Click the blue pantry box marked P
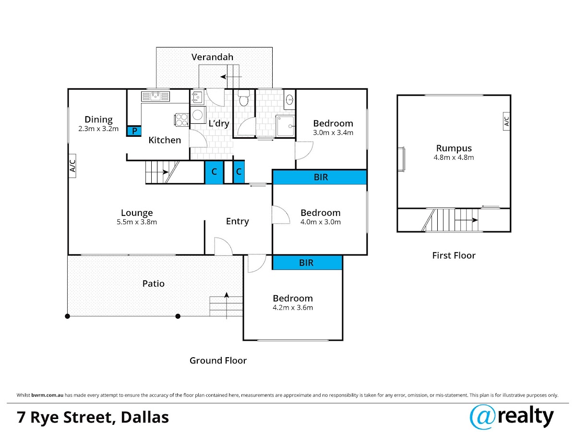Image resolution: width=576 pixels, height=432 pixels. click(134, 131)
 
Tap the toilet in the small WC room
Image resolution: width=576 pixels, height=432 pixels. click(243, 97)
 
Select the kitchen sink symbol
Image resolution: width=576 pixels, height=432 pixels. click(156, 96)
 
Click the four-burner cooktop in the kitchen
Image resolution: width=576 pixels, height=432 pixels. click(182, 120)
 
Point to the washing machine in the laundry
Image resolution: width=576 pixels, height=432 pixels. click(198, 115)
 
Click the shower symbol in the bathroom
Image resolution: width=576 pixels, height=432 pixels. click(285, 126)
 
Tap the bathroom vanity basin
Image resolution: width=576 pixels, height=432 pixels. click(290, 99)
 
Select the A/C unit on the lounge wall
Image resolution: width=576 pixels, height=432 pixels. click(72, 166)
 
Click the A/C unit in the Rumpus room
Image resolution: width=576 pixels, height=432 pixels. click(506, 121)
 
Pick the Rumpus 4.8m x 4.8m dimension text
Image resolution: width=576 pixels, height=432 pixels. click(454, 157)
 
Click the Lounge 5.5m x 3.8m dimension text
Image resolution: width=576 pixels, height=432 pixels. click(137, 222)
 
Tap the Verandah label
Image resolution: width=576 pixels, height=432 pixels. click(212, 57)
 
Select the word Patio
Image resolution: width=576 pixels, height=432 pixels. click(153, 284)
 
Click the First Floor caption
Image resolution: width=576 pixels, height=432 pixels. click(454, 255)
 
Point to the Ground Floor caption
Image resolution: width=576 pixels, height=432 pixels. click(218, 360)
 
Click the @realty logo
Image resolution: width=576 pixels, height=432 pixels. click(512, 417)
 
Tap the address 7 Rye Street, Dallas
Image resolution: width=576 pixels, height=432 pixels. click(93, 418)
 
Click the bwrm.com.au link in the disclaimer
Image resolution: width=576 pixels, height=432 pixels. click(47, 395)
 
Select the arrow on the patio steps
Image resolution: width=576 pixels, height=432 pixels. click(227, 306)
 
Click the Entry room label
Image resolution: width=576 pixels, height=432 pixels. click(237, 221)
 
